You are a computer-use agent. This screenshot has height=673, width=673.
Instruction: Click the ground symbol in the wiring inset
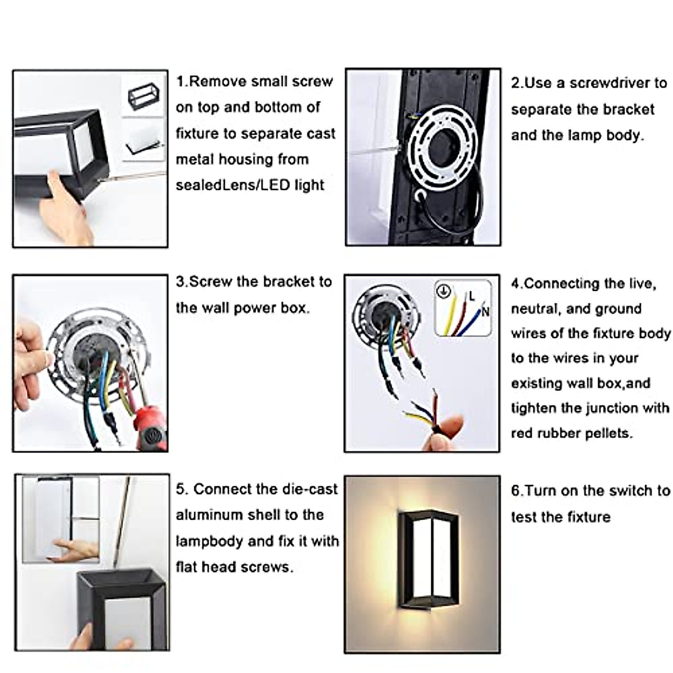coord(444,291)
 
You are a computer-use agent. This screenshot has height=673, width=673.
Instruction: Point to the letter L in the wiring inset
coord(472,296)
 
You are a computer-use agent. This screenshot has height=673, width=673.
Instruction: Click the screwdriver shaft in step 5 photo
coord(122,522)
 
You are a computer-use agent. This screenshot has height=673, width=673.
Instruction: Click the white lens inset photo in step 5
coord(61,519)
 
